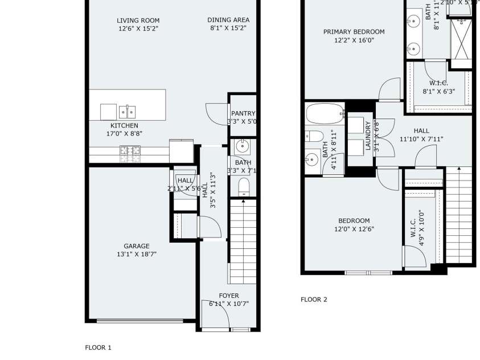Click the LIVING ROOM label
[138, 21]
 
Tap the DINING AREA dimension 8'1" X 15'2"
[228, 28]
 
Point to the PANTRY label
[243, 113]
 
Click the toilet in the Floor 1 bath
[243, 186]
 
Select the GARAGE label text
[137, 246]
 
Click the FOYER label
[229, 296]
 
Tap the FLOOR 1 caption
[98, 347]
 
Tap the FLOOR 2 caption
[314, 300]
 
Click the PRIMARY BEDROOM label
[354, 32]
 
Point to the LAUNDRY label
[368, 136]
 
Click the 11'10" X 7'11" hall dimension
[421, 139]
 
